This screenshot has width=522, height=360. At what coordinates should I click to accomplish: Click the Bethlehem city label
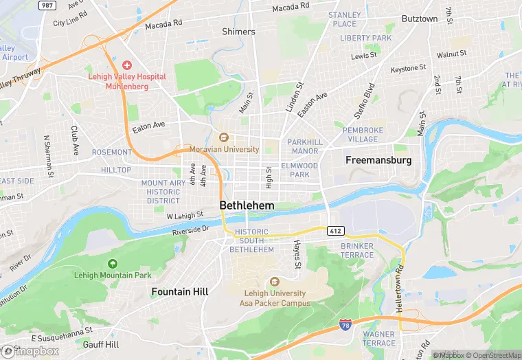[247, 205]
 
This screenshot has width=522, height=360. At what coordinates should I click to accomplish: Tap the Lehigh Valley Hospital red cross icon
[127, 64]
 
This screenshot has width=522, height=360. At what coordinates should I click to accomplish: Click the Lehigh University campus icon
[275, 281]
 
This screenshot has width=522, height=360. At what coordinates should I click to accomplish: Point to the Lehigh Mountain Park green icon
[113, 263]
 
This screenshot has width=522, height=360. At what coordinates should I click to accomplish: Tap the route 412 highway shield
[334, 229]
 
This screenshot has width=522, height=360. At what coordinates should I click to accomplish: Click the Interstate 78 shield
[345, 323]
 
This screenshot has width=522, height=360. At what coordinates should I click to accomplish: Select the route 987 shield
[46, 5]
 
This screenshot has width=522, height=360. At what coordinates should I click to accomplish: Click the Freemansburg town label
[378, 160]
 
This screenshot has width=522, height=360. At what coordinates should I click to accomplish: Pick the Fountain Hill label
[179, 292]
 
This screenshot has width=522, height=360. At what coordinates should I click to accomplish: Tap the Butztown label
[419, 19]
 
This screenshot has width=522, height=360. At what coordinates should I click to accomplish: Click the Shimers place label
[238, 32]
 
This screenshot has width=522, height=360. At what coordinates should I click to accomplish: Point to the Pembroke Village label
[361, 134]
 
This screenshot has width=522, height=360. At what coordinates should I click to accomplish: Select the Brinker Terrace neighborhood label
[357, 251]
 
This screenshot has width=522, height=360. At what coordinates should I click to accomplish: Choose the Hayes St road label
[297, 254]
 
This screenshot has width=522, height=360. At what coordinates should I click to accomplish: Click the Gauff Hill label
[101, 344]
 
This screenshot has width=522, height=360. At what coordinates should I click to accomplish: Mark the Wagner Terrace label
[378, 338]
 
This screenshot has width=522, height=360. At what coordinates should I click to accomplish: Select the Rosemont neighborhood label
[111, 152]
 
